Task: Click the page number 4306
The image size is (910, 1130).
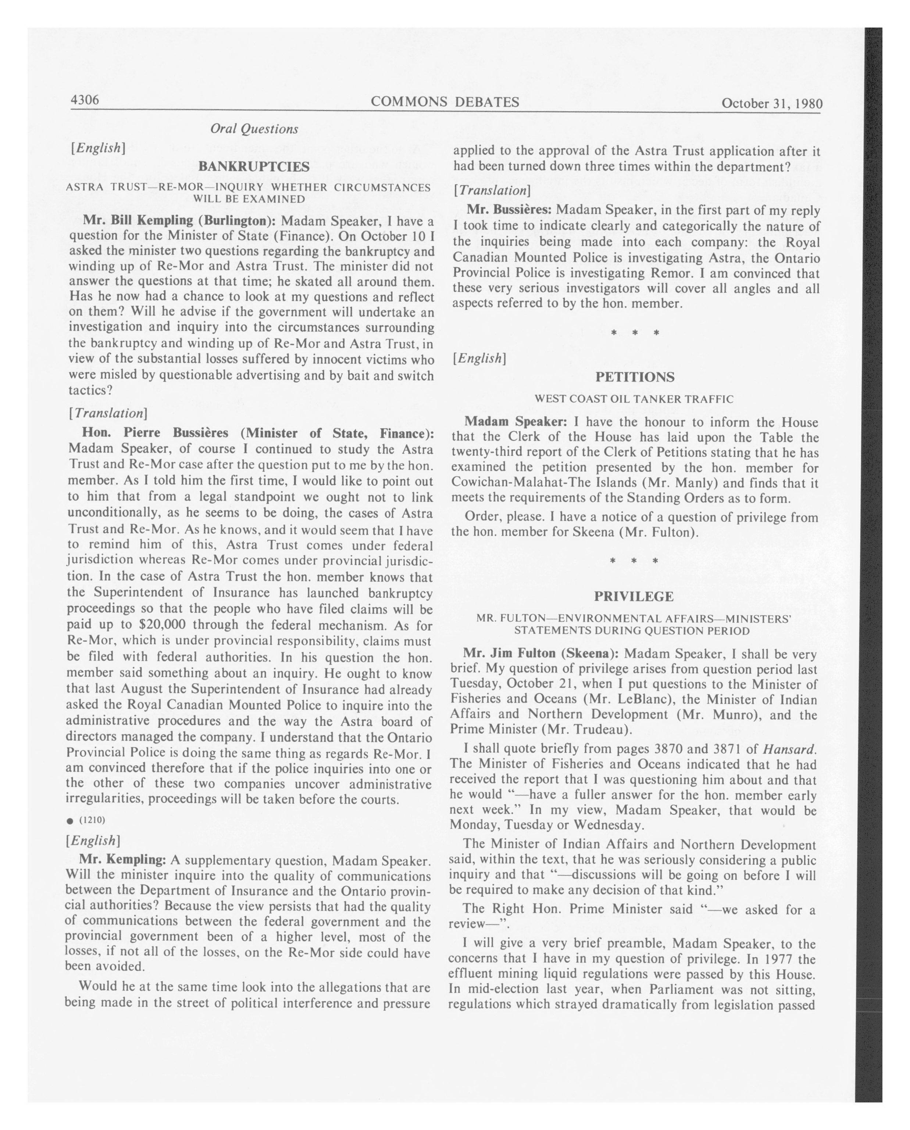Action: (x=85, y=100)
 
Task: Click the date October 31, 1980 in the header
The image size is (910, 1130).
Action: (x=771, y=103)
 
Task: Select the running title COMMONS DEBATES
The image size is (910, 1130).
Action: (x=445, y=102)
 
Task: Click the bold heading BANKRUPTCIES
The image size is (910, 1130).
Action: (x=254, y=167)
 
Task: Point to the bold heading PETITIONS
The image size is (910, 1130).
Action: (x=635, y=377)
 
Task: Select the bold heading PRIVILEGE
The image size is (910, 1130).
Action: (x=634, y=597)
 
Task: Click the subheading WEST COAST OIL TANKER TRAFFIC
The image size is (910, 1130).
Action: (x=634, y=399)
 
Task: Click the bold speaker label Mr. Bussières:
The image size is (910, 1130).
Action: (x=509, y=210)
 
